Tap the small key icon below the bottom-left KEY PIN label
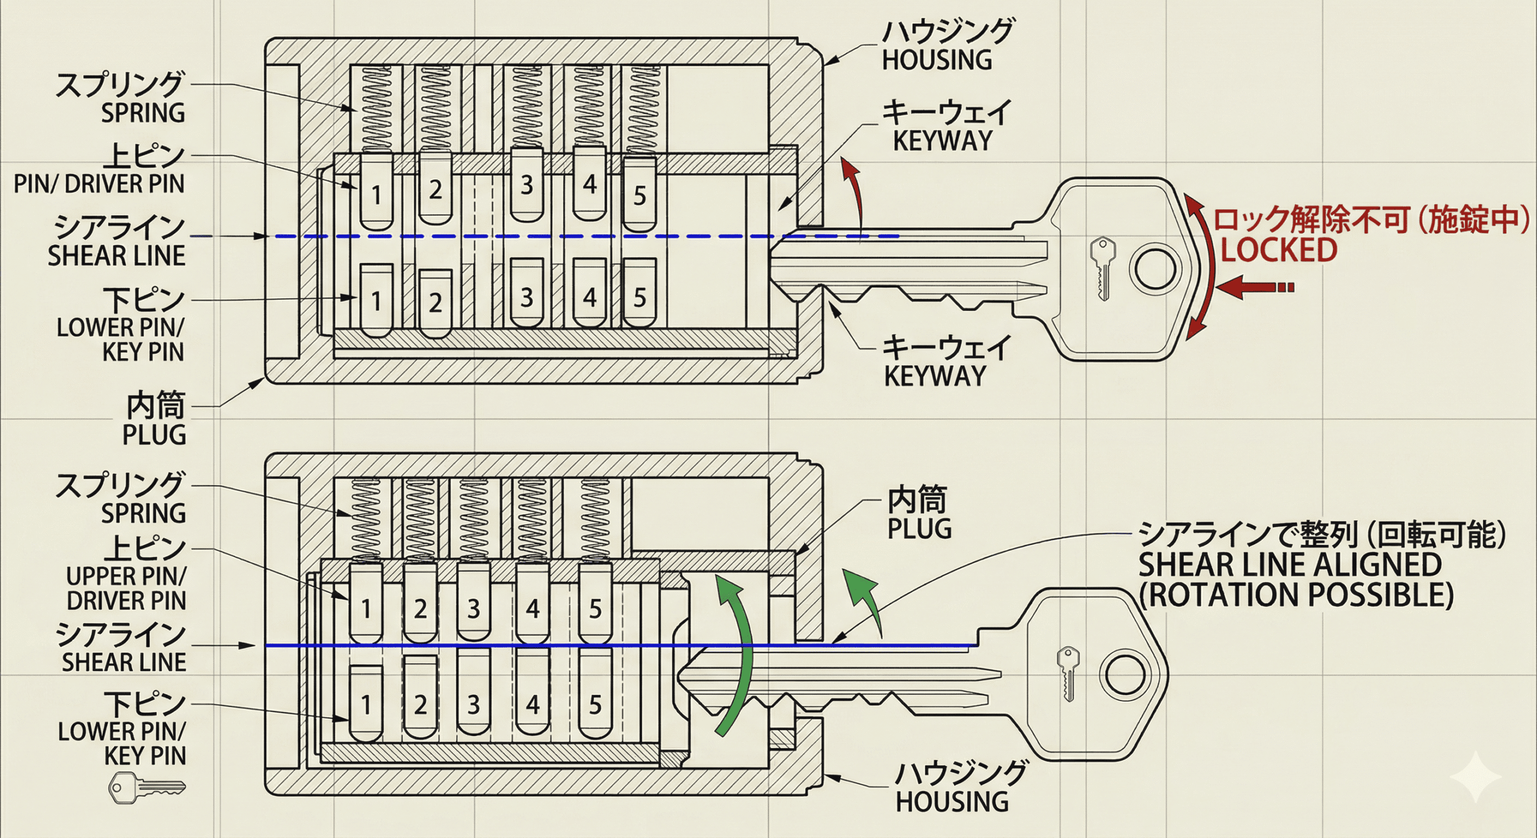pyautogui.click(x=146, y=788)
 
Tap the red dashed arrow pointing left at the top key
pyautogui.click(x=1255, y=287)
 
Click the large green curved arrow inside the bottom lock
pyautogui.click(x=738, y=654)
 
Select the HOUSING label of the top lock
pyautogui.click(x=937, y=60)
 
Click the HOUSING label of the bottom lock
pyautogui.click(x=952, y=802)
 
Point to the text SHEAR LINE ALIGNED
pyautogui.click(x=1290, y=564)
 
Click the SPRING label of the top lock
pyautogui.click(x=143, y=113)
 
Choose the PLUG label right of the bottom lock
pyautogui.click(x=919, y=529)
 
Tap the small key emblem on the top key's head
pyautogui.click(x=1103, y=268)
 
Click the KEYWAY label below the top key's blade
pyautogui.click(x=935, y=376)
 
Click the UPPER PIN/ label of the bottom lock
pyautogui.click(x=126, y=576)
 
